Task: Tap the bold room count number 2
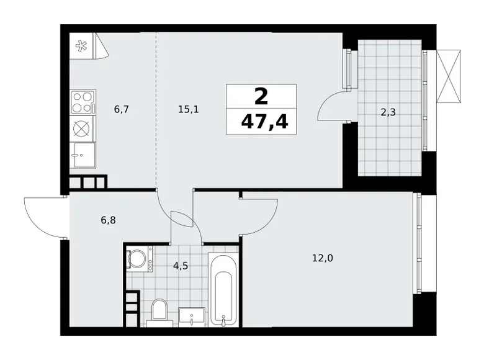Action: coord(261,96)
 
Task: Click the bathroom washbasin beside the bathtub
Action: coord(190,317)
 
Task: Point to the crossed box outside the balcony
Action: coord(450,75)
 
